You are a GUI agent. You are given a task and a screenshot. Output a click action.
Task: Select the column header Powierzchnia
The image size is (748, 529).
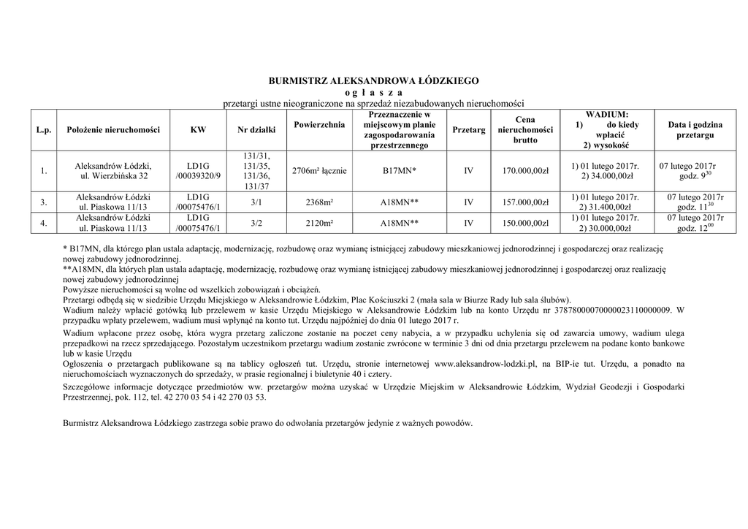coord(318,125)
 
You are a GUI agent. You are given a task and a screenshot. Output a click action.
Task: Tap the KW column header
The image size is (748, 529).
coord(198,130)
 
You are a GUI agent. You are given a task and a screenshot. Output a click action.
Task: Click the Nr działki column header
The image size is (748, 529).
coord(257,130)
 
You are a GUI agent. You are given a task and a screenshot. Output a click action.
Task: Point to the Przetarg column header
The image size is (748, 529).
coord(469,130)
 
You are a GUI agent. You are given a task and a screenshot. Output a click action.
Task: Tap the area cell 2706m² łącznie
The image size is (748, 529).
coord(318,171)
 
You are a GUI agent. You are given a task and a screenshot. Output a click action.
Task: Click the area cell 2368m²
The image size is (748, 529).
coord(318,202)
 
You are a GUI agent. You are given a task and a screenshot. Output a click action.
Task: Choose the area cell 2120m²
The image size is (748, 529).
coord(318,223)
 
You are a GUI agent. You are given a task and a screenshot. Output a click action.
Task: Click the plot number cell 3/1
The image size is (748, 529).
coord(256,202)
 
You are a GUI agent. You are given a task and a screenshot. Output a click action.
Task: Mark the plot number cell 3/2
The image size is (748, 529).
coord(256,223)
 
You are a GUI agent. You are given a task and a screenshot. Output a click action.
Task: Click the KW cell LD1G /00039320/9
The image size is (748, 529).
coord(198,171)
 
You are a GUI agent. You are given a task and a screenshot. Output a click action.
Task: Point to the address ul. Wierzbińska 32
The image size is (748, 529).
coord(113,176)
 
